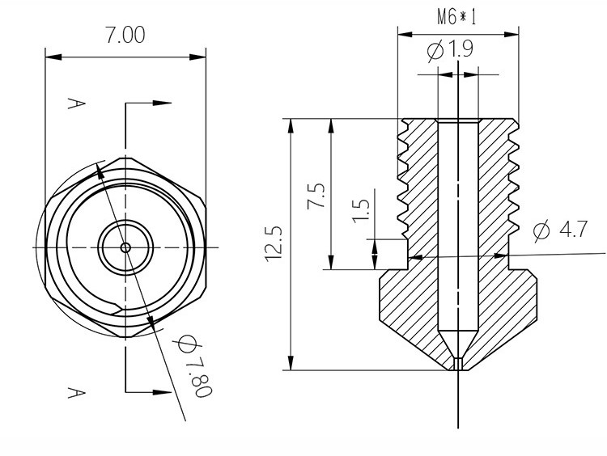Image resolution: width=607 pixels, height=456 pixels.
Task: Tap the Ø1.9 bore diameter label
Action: [x=450, y=50]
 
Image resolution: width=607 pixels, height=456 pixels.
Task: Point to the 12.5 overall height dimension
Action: [x=273, y=242]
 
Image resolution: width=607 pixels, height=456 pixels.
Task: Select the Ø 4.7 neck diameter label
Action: [x=562, y=230]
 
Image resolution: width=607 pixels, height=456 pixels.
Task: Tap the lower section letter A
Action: [x=74, y=391]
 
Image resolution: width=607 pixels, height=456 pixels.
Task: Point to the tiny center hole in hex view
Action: [x=125, y=247]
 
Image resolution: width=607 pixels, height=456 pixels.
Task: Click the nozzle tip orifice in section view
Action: [x=458, y=365]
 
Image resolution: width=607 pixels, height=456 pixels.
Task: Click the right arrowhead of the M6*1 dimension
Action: [x=511, y=34]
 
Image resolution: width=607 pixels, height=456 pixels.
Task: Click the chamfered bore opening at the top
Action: [x=458, y=122]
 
